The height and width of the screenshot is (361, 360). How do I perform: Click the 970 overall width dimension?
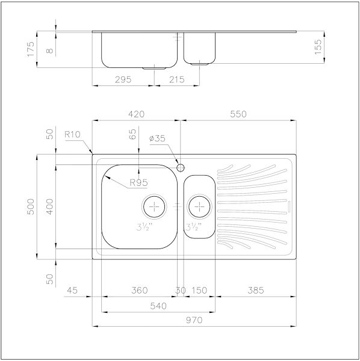(194, 320)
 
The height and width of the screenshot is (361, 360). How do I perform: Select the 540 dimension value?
(158, 306)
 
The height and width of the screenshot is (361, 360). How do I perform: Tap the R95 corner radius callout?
(138, 182)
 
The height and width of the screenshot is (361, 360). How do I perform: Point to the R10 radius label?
(72, 134)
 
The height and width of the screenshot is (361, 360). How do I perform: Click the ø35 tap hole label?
(157, 138)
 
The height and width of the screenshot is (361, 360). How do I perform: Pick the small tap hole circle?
(181, 168)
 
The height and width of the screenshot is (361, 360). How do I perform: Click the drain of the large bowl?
(154, 206)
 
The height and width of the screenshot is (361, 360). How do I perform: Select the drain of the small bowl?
(199, 206)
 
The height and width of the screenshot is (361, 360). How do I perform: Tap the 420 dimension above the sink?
(136, 114)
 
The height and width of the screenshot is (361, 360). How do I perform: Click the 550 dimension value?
(238, 114)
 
